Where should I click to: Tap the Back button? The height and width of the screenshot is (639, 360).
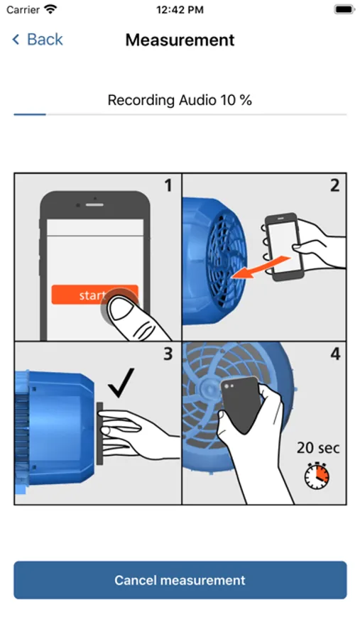click(38, 40)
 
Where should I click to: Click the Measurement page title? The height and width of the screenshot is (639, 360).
click(180, 40)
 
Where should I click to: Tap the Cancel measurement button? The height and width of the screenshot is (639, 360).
click(180, 580)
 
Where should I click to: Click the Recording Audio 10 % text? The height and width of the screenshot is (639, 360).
click(180, 100)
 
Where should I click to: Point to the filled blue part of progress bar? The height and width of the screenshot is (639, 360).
click(30, 114)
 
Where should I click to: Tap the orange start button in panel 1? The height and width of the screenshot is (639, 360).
click(94, 295)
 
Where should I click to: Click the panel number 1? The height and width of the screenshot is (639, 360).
click(168, 186)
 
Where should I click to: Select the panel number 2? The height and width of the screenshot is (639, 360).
click(334, 186)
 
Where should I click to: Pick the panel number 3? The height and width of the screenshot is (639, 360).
click(168, 354)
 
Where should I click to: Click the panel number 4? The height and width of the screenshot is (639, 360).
click(334, 354)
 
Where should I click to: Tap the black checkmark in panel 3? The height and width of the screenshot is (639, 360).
click(121, 382)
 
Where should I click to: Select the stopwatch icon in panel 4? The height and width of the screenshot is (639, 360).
click(317, 475)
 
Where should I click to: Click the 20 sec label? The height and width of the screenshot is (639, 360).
click(318, 448)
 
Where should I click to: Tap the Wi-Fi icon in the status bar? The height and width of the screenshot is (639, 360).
click(50, 9)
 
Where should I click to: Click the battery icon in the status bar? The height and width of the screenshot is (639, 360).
click(344, 9)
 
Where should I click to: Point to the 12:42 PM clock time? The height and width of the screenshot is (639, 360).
click(180, 10)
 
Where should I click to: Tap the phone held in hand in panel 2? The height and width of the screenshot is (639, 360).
click(285, 246)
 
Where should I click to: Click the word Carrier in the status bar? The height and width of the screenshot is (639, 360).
click(23, 10)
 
